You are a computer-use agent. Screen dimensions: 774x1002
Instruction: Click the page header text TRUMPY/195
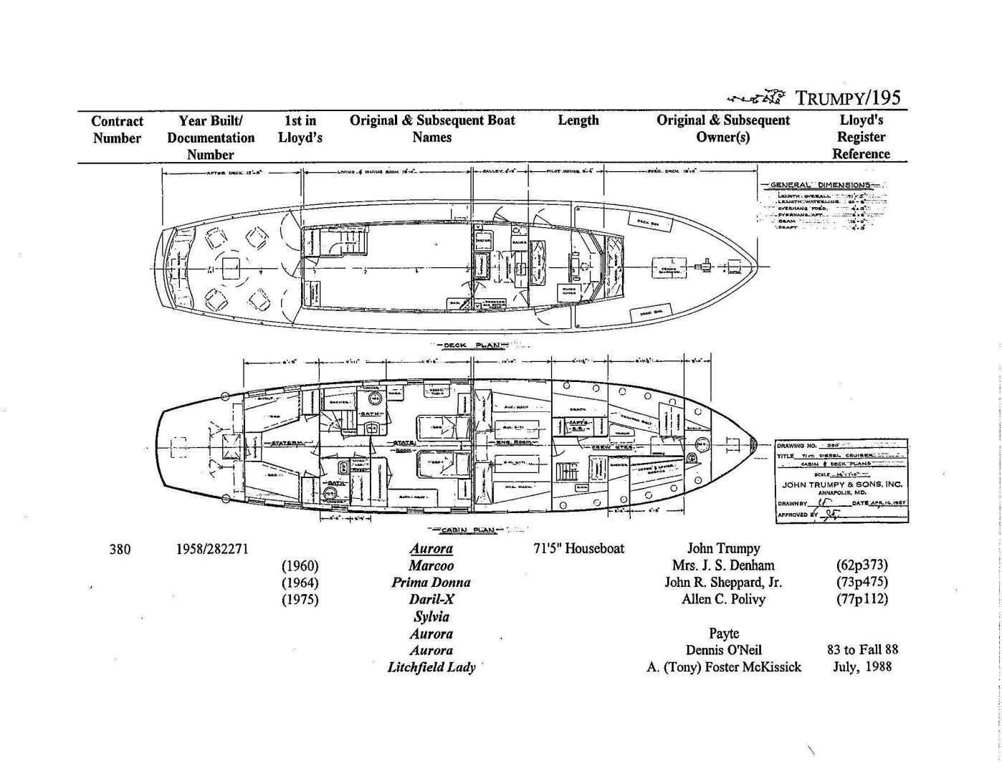click(848, 98)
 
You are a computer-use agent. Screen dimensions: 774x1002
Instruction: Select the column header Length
click(578, 120)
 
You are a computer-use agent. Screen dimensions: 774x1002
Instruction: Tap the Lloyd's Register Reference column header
click(861, 137)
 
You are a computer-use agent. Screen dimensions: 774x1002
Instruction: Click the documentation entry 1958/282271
click(212, 549)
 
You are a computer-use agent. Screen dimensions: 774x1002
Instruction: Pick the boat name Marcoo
click(431, 565)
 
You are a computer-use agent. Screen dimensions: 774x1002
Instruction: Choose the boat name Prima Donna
click(431, 582)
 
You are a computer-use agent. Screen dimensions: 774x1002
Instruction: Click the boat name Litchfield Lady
click(431, 667)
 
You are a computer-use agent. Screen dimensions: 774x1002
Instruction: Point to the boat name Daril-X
click(431, 599)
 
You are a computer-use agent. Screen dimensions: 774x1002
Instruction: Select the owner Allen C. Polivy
click(723, 599)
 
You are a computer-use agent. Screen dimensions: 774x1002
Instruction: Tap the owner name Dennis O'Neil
click(723, 651)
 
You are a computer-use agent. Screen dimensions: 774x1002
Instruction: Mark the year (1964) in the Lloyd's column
click(300, 583)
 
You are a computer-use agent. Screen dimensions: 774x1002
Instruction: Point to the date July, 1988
click(862, 667)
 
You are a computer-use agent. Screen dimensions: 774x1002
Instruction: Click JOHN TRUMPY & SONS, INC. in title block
click(841, 484)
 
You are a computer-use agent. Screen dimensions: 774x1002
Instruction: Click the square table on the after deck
click(231, 269)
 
